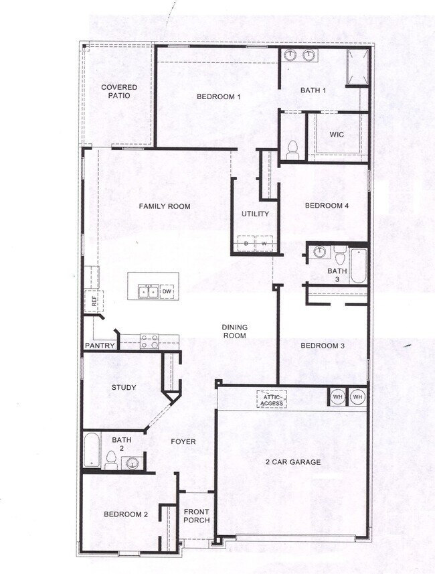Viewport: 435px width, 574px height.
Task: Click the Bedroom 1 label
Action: coord(218,97)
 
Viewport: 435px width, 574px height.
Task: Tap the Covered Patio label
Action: coord(119,91)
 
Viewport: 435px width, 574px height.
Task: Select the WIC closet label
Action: coord(337,135)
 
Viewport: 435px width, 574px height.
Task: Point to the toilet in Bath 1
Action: coord(292,150)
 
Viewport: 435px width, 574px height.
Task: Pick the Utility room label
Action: coord(255,214)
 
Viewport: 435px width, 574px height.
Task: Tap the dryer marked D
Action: coord(246,243)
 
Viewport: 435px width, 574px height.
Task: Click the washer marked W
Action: coord(264,243)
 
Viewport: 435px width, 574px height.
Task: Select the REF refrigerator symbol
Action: coord(94,302)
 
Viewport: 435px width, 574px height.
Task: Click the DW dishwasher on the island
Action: coord(167,291)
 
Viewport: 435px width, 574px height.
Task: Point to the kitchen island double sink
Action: coord(148,291)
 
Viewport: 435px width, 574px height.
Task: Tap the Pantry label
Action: coord(100,346)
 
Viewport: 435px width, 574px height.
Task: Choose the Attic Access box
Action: coord(271,400)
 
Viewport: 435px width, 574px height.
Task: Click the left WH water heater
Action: coord(337,397)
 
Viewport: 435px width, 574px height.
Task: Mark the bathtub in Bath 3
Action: coord(358,266)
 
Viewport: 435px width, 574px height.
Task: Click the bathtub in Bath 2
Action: coord(92,450)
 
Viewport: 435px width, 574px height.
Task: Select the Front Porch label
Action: coord(197,516)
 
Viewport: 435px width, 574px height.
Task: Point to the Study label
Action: coord(124,388)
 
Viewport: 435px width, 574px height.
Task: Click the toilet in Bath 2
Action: coord(111,460)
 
